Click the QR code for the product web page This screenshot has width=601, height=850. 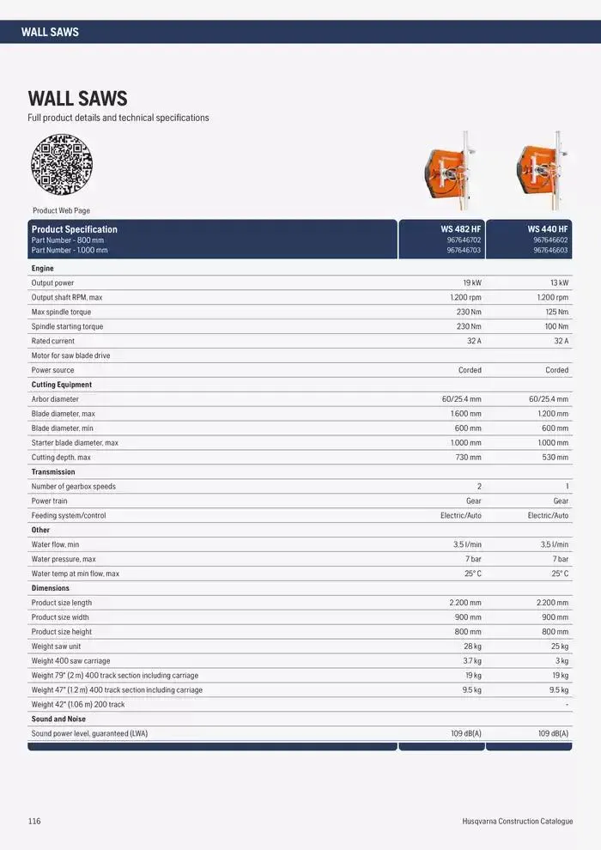click(x=61, y=164)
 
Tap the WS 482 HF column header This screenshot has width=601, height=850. click(x=461, y=229)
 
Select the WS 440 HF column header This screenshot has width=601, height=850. click(x=548, y=229)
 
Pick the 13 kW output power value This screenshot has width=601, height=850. click(x=559, y=282)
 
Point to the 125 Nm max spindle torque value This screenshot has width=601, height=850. click(x=556, y=312)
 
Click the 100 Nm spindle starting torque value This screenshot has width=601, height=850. click(x=556, y=326)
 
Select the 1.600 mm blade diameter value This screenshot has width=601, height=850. click(x=466, y=414)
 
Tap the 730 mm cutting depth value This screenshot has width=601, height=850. click(x=469, y=458)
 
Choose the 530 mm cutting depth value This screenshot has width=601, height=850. click(x=555, y=458)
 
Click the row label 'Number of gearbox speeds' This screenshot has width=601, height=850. click(x=73, y=487)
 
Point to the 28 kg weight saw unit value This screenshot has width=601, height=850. click(x=470, y=647)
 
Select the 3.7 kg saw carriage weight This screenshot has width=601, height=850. click(x=470, y=661)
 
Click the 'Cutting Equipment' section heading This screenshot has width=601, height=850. click(x=62, y=385)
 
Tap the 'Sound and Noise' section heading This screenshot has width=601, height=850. click(x=58, y=719)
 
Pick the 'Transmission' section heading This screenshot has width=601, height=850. click(x=53, y=472)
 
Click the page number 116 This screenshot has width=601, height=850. click(x=34, y=822)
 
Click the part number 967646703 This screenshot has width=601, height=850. click(x=464, y=251)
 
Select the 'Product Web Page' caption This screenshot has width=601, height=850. click(x=61, y=210)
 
